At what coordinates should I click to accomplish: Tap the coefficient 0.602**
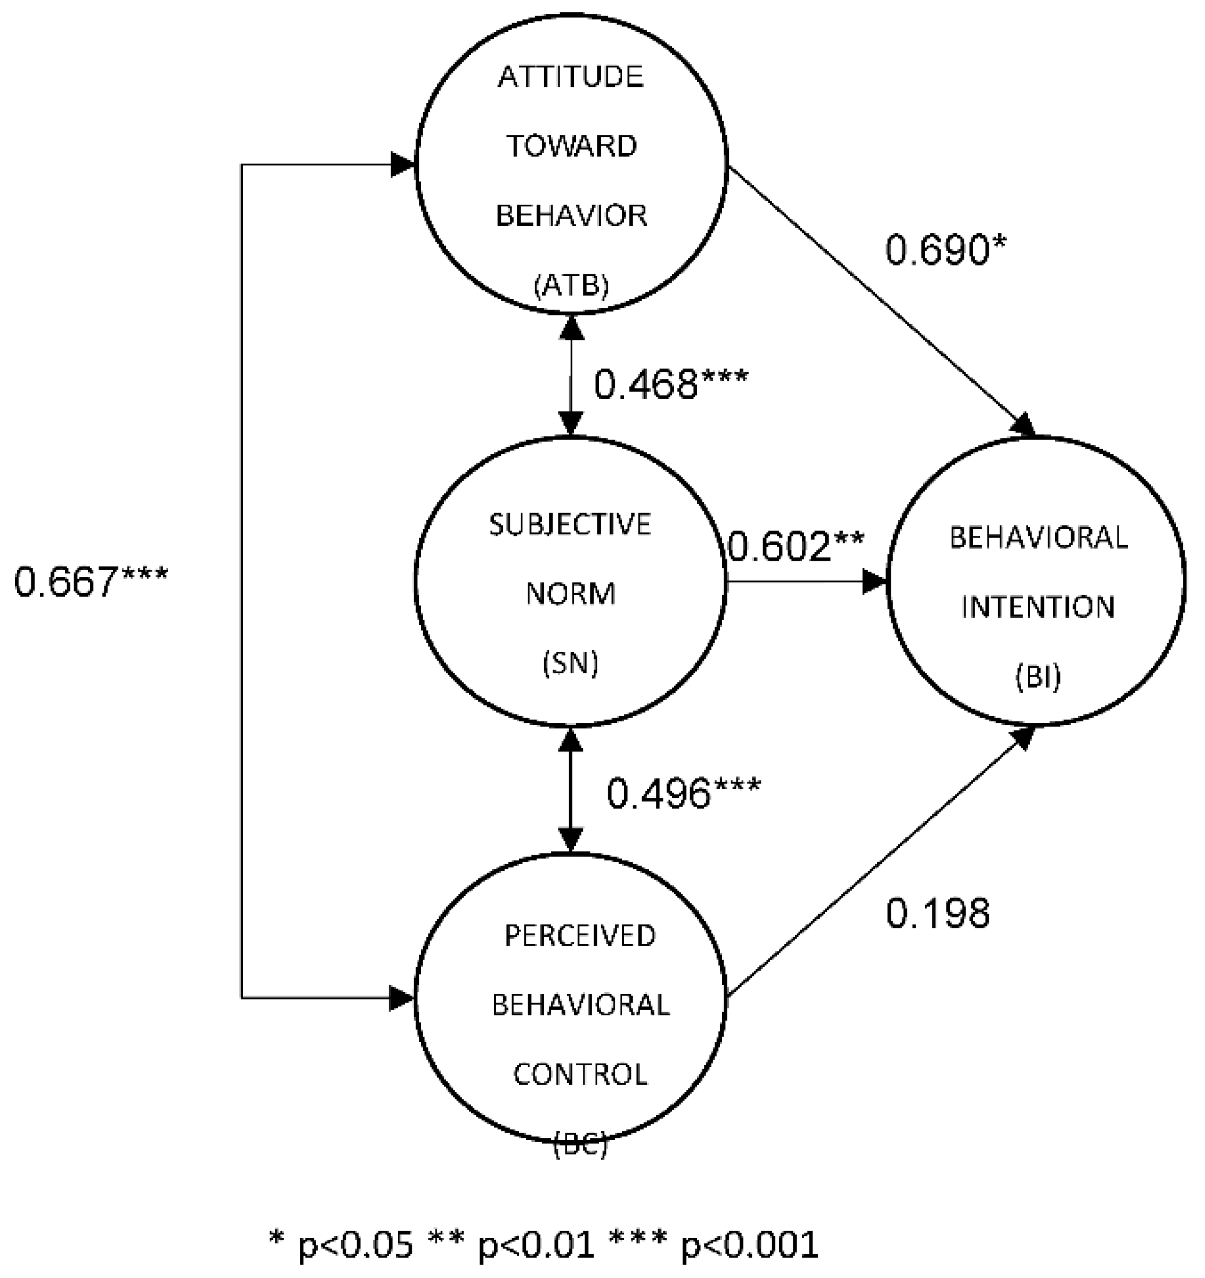tap(796, 546)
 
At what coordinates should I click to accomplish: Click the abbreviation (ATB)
tap(571, 285)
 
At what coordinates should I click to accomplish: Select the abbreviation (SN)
tap(571, 663)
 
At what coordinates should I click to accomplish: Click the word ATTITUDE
tap(571, 77)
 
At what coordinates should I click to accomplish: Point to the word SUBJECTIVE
tap(571, 525)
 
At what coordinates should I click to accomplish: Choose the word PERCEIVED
tap(579, 936)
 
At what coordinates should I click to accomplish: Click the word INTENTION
tap(1038, 607)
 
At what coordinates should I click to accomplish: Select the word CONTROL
tap(580, 1074)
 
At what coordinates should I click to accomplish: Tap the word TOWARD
tap(571, 147)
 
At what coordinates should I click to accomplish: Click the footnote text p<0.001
tap(749, 1244)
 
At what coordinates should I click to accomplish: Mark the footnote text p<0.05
tap(355, 1244)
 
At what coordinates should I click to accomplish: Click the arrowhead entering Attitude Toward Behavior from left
tap(404, 165)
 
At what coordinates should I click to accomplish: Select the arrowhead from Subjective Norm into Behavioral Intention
tap(875, 581)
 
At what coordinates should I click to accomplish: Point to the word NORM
tap(571, 594)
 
